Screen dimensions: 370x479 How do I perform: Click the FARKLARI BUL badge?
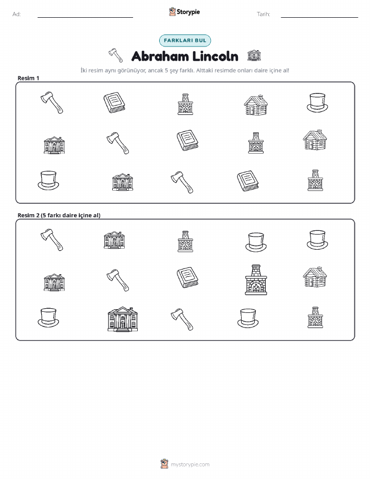(x=185, y=40)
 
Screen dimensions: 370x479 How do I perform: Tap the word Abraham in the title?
(x=160, y=56)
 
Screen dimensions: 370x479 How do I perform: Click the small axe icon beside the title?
(x=116, y=55)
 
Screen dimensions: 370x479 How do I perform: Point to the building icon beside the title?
(x=254, y=55)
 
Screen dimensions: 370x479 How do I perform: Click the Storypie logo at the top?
(x=184, y=12)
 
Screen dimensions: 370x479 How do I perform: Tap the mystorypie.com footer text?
(x=190, y=464)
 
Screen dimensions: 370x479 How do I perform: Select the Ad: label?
(x=17, y=14)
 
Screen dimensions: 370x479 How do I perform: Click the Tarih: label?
(x=264, y=14)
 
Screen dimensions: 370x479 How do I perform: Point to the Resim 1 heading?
(x=28, y=78)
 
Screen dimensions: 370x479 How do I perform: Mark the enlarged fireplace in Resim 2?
(x=256, y=280)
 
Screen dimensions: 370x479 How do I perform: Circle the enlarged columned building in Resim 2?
(x=123, y=319)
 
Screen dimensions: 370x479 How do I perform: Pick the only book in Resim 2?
(x=187, y=277)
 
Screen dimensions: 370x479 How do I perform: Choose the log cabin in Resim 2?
(x=315, y=277)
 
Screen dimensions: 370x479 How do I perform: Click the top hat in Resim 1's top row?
(x=317, y=102)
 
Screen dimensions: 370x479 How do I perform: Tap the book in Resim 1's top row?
(x=114, y=102)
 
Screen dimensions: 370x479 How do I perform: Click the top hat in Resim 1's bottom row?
(x=48, y=180)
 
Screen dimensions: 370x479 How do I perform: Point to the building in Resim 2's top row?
(x=114, y=240)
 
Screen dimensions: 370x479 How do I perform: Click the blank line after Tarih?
(x=319, y=17)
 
